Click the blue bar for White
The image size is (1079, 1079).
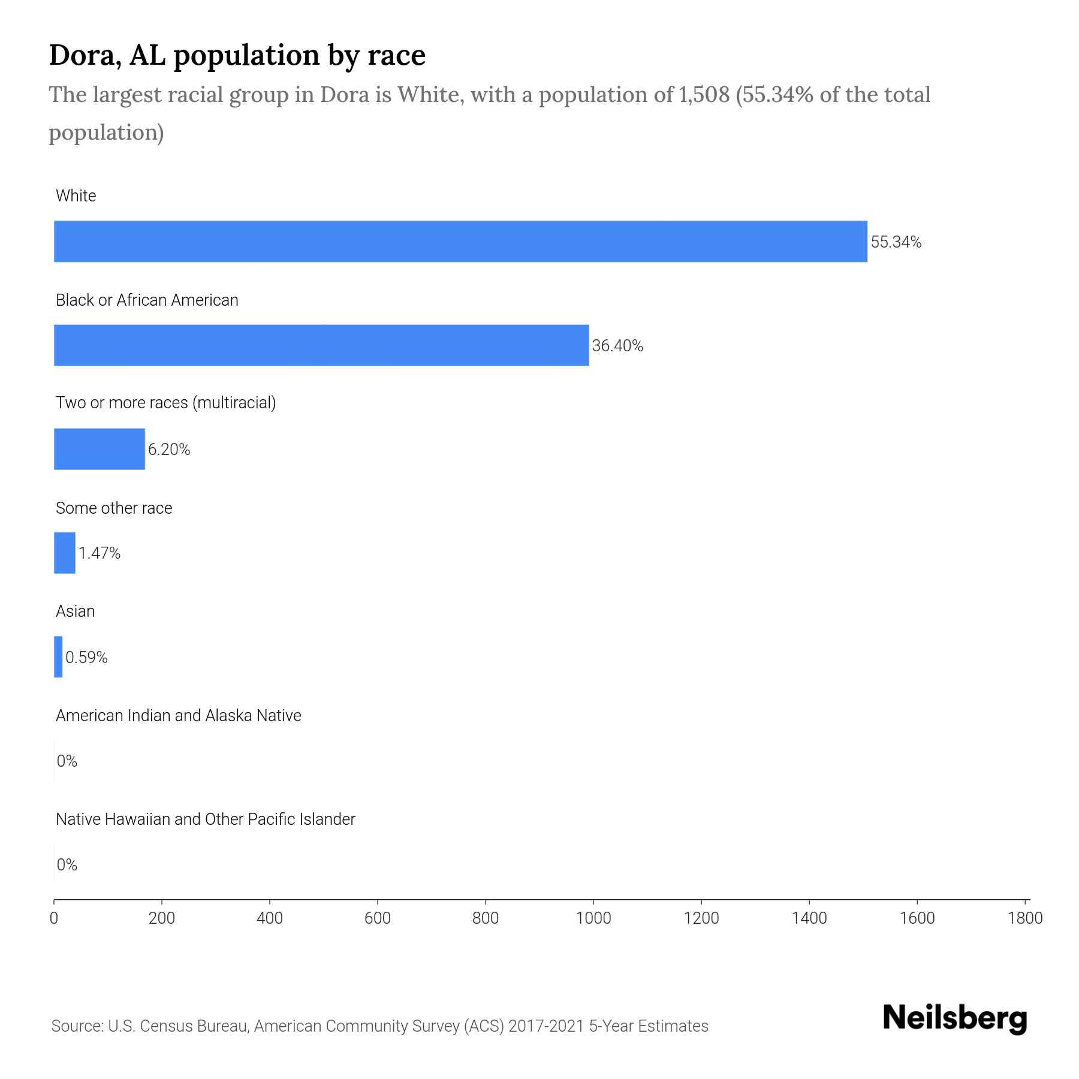pyautogui.click(x=460, y=241)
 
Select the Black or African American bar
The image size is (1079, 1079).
pyautogui.click(x=321, y=345)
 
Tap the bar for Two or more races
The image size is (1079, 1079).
pyautogui.click(x=100, y=449)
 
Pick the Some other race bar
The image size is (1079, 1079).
pyautogui.click(x=65, y=553)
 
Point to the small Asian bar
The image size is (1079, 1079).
pyautogui.click(x=58, y=657)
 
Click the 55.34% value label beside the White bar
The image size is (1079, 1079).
pyautogui.click(x=896, y=242)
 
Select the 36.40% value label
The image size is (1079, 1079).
pyautogui.click(x=617, y=346)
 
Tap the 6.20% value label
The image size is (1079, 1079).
pyautogui.click(x=169, y=450)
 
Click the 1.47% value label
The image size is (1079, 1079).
pyautogui.click(x=100, y=553)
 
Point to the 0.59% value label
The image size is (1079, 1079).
pyautogui.click(x=86, y=658)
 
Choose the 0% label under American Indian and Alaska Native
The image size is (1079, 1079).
pyautogui.click(x=67, y=761)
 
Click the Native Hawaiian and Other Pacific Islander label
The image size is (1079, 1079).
pyautogui.click(x=205, y=819)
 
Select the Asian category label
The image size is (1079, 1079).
pyautogui.click(x=75, y=611)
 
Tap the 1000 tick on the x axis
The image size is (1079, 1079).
pyautogui.click(x=593, y=918)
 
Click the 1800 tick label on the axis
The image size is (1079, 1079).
pyautogui.click(x=1025, y=918)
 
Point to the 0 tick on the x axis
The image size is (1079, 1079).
pyautogui.click(x=54, y=918)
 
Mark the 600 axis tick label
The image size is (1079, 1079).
pyautogui.click(x=378, y=918)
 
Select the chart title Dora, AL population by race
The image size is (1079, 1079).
pyautogui.click(x=237, y=55)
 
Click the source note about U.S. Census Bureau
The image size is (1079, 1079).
pyautogui.click(x=379, y=1026)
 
